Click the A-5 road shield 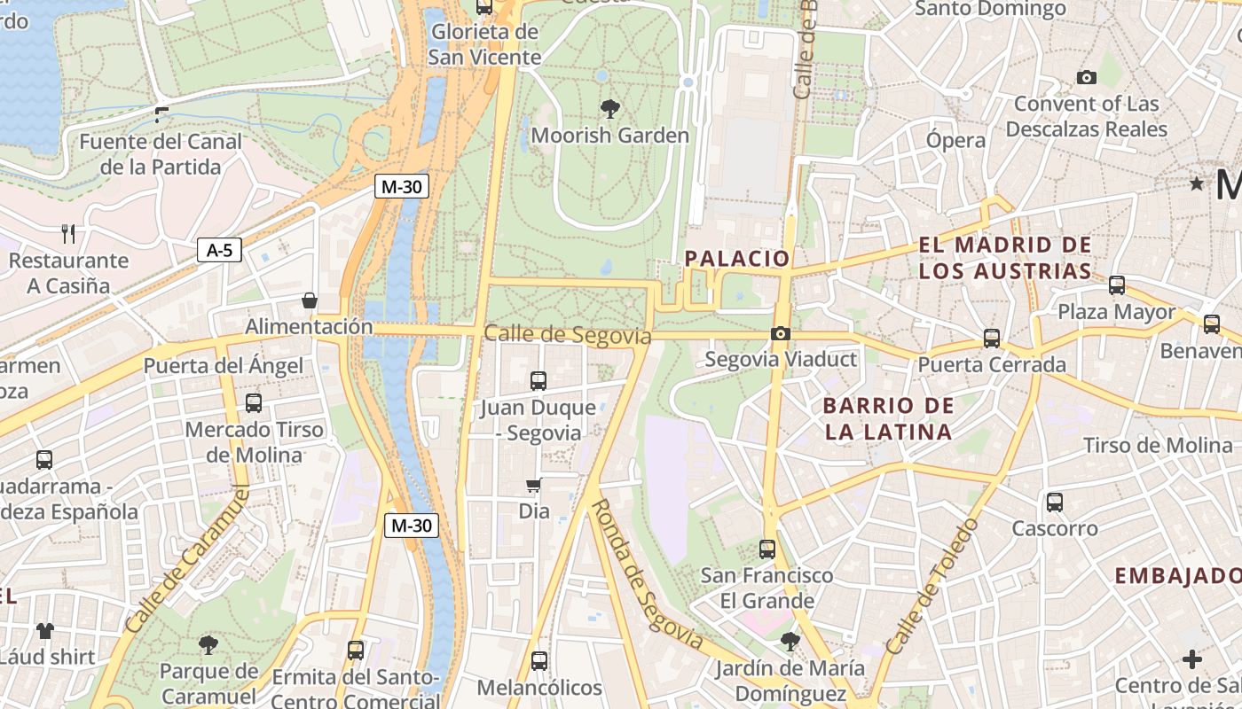tap(219, 251)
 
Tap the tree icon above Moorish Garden tap(609, 109)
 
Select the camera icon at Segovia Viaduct tap(781, 333)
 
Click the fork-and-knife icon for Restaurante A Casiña tap(68, 233)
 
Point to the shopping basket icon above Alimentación tap(310, 300)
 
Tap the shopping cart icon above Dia tap(534, 485)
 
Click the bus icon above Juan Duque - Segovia tap(538, 381)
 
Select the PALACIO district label tap(737, 258)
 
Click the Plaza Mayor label tap(1117, 312)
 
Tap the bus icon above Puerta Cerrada tap(992, 339)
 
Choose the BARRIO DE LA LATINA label tap(888, 419)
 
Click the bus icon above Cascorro tap(1055, 503)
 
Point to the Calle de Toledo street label tap(932, 588)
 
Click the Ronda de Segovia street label tap(646, 574)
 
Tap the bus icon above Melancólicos tap(539, 661)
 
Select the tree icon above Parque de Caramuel tap(208, 644)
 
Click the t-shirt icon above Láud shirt tap(45, 631)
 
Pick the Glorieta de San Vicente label tap(484, 44)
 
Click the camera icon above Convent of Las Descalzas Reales tap(1087, 78)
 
